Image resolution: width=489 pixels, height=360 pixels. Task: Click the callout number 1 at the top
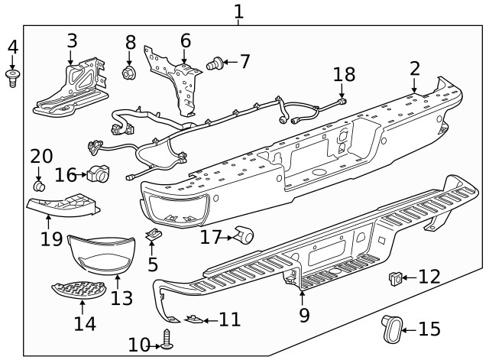239,11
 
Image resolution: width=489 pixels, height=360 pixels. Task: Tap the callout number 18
344,74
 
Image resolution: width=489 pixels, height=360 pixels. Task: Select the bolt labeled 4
12,77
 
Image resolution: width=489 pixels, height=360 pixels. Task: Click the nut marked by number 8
129,73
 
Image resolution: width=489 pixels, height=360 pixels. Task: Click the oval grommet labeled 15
390,329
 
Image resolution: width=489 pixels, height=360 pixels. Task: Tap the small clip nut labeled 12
395,277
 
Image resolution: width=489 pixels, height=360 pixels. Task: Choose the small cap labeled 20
39,186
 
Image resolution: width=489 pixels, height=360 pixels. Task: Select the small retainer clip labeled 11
193,320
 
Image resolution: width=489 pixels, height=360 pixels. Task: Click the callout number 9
303,314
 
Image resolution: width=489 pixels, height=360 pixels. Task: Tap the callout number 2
414,69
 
